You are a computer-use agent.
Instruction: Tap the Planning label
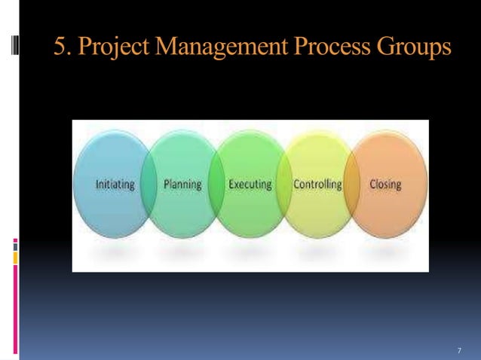click(182, 185)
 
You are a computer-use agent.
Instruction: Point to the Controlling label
click(317, 185)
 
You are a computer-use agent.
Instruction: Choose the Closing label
click(385, 185)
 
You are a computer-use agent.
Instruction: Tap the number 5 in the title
click(60, 47)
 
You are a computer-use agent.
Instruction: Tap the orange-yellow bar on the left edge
click(15, 258)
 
